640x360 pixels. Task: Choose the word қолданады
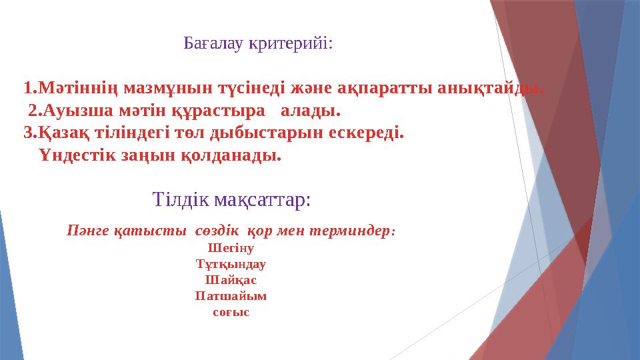click(236, 156)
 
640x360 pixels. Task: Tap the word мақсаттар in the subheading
click(265, 199)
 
